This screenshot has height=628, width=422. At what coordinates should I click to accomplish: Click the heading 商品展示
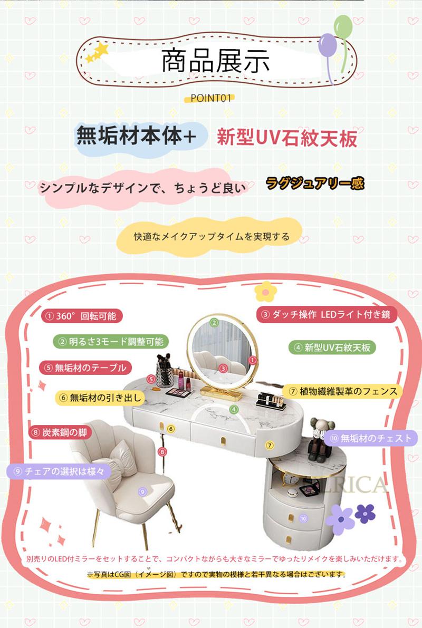point(216,61)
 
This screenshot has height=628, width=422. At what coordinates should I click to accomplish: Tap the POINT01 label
point(211,98)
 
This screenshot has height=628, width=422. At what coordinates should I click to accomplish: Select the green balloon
point(343,27)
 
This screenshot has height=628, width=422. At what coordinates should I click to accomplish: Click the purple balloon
point(327,45)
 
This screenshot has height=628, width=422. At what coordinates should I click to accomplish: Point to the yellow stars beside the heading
point(98,53)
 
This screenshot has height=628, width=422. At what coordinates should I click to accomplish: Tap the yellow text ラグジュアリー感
point(315,183)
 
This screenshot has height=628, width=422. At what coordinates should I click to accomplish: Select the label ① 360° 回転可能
point(82,316)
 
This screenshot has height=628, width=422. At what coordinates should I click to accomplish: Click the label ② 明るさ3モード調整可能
point(111,342)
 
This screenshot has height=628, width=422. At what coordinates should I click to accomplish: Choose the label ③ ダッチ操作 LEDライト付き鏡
point(327,314)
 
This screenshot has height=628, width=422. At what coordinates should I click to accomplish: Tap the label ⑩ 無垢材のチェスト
point(371,439)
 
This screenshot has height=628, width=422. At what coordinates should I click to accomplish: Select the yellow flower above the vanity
point(266,291)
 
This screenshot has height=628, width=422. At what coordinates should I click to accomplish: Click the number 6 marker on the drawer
point(171,429)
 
